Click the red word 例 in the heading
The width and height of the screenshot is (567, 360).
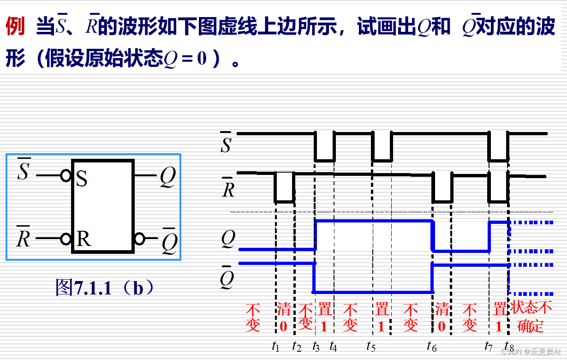pyautogui.click(x=15, y=27)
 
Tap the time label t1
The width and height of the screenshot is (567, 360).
pyautogui.click(x=275, y=346)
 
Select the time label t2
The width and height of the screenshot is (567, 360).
pyautogui.click(x=297, y=346)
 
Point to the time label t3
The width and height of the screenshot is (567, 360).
pyautogui.click(x=316, y=346)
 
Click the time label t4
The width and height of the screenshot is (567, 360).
pyautogui.click(x=333, y=346)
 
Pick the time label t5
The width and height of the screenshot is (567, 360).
pyautogui.click(x=371, y=346)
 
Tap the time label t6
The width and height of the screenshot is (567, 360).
pyautogui.click(x=432, y=346)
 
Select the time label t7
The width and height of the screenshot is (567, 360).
pyautogui.click(x=489, y=346)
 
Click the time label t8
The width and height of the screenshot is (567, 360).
pyautogui.click(x=509, y=346)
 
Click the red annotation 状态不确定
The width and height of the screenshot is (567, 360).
pyautogui.click(x=531, y=317)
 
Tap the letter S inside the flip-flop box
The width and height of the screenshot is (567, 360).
pyautogui.click(x=81, y=179)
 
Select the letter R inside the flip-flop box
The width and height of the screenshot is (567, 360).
pyautogui.click(x=84, y=239)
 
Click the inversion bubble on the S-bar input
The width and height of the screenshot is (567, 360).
pyautogui.click(x=66, y=175)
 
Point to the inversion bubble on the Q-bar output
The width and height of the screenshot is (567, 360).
pyautogui.click(x=140, y=239)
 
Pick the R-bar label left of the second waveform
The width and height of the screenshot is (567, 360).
pyautogui.click(x=228, y=186)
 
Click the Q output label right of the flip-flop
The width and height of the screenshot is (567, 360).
pyautogui.click(x=167, y=177)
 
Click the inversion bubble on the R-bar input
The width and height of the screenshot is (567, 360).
pyautogui.click(x=66, y=239)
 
